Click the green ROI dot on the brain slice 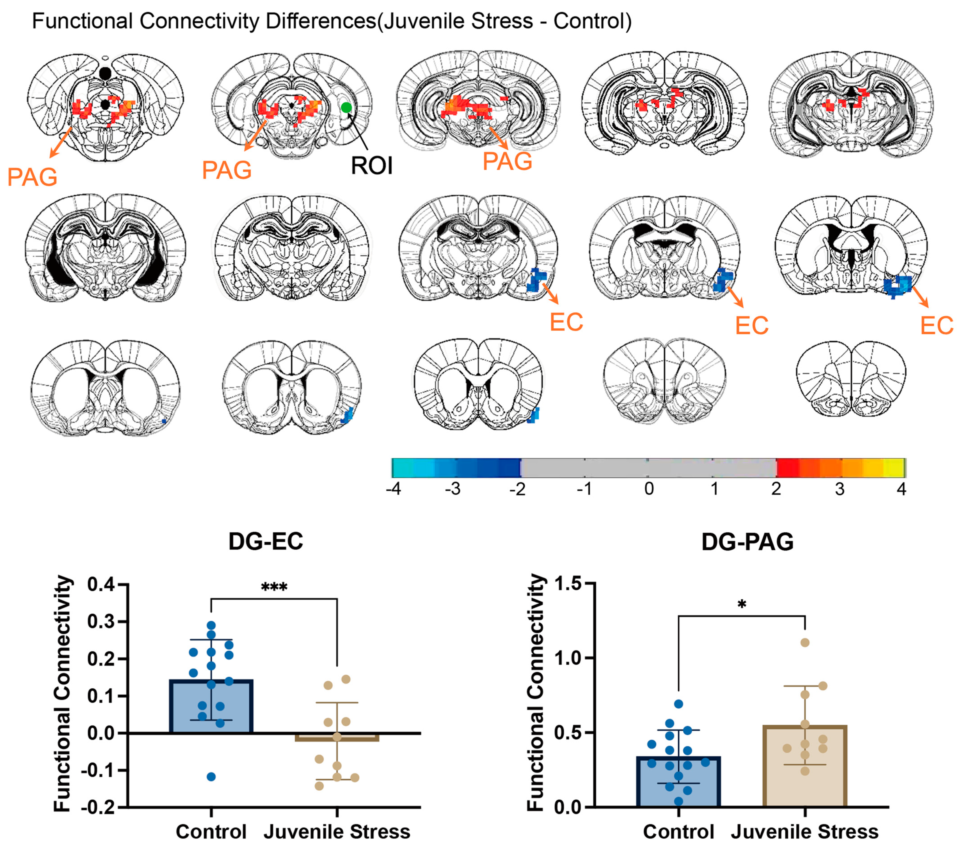pyautogui.click(x=346, y=107)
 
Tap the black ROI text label pyautogui.click(x=372, y=166)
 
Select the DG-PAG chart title pyautogui.click(x=748, y=542)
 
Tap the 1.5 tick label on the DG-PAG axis pyautogui.click(x=569, y=584)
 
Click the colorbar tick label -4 pyautogui.click(x=393, y=490)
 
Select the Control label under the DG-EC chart pyautogui.click(x=211, y=832)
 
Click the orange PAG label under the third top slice pyautogui.click(x=507, y=162)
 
